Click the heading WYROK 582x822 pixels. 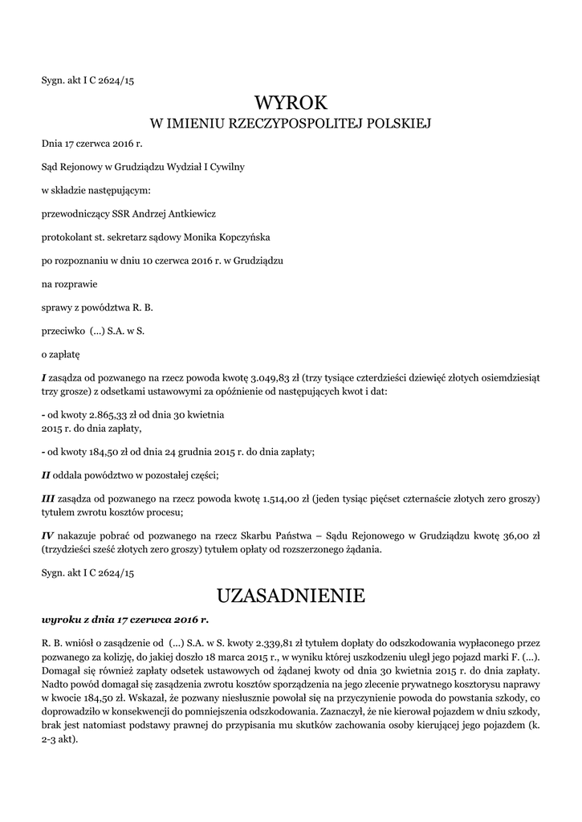point(291,102)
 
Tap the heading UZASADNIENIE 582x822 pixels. point(291,595)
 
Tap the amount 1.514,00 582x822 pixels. point(283,498)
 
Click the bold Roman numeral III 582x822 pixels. point(50,498)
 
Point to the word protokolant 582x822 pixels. point(66,238)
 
